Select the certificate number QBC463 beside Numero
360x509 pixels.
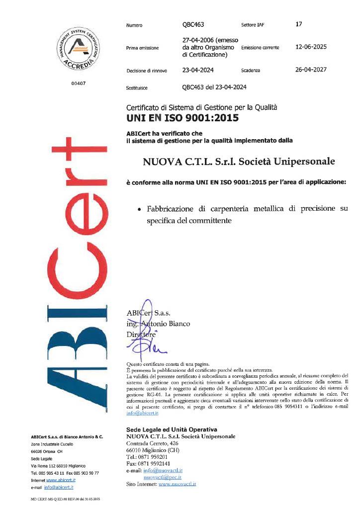tap(193, 24)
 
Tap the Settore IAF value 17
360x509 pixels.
tap(298, 24)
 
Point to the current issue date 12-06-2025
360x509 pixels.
tap(311, 47)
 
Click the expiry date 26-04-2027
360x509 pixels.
tap(311, 70)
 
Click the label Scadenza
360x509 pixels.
tap(251, 71)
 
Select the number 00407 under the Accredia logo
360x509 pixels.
tap(79, 83)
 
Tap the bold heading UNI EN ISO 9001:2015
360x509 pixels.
tap(182, 118)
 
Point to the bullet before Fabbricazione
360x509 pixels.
tap(140, 209)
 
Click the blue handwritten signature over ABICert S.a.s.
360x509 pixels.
tap(145, 328)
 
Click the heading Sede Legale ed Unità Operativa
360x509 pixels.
tap(172, 429)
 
